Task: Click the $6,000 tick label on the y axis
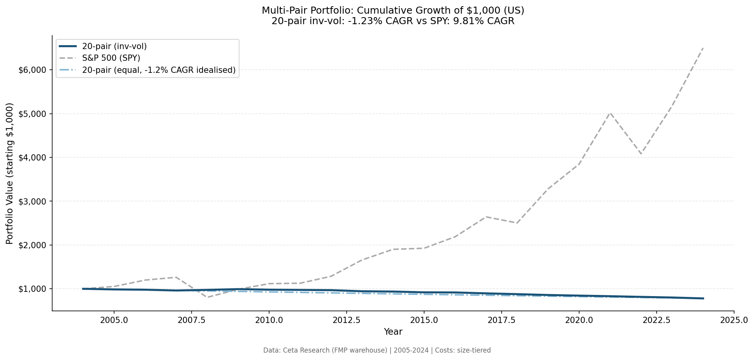click(32, 70)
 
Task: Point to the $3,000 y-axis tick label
click(32, 201)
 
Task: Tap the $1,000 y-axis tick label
click(32, 289)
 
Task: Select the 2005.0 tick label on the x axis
click(114, 320)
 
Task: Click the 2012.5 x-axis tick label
click(346, 320)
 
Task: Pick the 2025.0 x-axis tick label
click(734, 320)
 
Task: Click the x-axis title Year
click(393, 332)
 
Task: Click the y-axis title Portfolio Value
click(10, 173)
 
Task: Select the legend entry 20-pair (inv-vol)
click(114, 46)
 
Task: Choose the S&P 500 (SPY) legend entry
click(111, 58)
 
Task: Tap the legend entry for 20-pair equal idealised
click(159, 70)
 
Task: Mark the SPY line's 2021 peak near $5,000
click(610, 113)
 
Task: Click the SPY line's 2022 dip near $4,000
click(641, 154)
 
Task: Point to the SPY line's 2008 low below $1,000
click(207, 297)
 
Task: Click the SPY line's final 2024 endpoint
click(703, 48)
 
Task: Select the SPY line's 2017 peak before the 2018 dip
click(486, 217)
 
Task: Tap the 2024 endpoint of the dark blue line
click(703, 298)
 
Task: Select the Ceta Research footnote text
click(377, 350)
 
